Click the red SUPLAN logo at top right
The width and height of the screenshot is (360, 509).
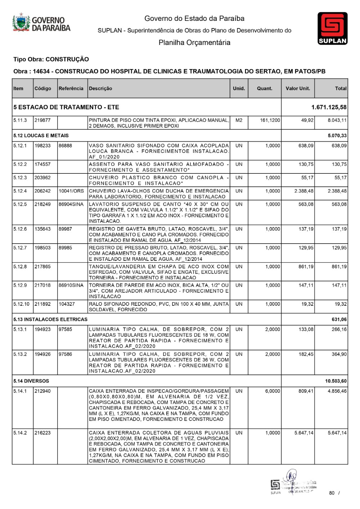pyautogui.click(x=332, y=28)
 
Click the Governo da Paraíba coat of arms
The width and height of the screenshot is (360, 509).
pyautogui.click(x=21, y=23)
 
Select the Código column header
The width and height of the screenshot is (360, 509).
pyautogui.click(x=43, y=88)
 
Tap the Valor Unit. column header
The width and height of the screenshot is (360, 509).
pyautogui.click(x=298, y=88)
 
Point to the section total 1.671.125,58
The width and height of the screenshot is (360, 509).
pyautogui.click(x=329, y=107)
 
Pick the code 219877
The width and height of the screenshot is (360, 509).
pyautogui.click(x=42, y=120)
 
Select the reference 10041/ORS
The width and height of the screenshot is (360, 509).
pyautogui.click(x=71, y=191)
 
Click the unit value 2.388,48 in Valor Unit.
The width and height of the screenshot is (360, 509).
pyautogui.click(x=304, y=191)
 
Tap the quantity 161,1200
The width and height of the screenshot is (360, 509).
pyautogui.click(x=270, y=120)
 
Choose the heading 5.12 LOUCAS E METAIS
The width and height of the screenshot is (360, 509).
pyautogui.click(x=41, y=136)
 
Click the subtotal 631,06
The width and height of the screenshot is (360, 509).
pyautogui.click(x=339, y=319)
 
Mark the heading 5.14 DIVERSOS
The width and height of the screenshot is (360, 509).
pyautogui.click(x=31, y=381)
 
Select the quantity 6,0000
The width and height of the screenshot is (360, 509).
pyautogui.click(x=273, y=391)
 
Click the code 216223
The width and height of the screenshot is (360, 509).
pyautogui.click(x=42, y=433)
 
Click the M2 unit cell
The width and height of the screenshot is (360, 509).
pyautogui.click(x=239, y=120)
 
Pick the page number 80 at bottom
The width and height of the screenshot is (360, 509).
pyautogui.click(x=332, y=493)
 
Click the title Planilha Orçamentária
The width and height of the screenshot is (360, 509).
pyautogui.click(x=194, y=43)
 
